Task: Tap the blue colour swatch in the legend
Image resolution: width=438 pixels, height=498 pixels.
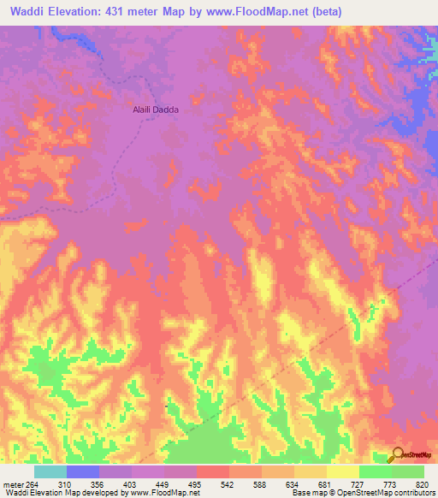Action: click(83, 471)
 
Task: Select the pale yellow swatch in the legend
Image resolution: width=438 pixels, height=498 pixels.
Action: click(343, 471)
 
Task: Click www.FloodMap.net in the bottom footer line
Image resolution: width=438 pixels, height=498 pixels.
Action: click(168, 493)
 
